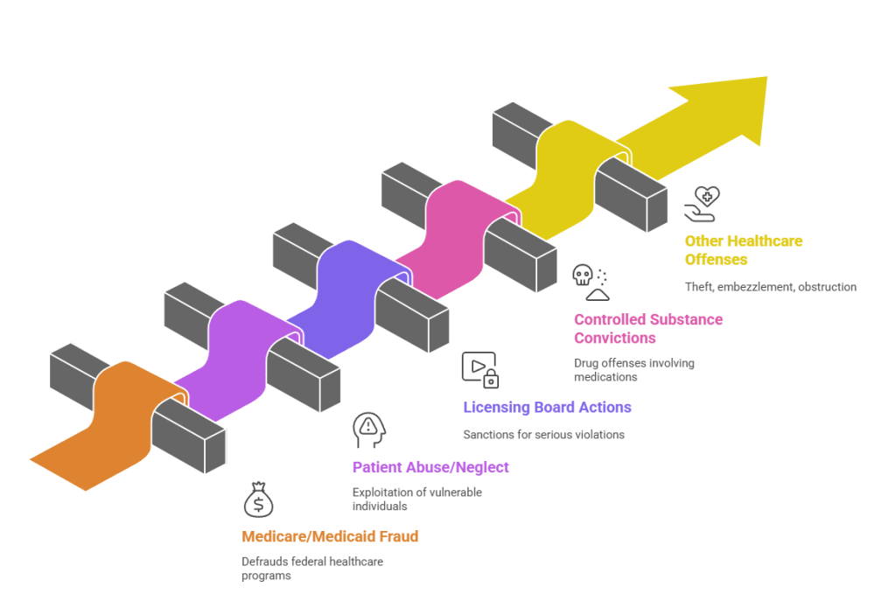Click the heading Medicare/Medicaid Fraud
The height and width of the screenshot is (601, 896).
330,536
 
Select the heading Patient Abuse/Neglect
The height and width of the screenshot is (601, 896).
430,467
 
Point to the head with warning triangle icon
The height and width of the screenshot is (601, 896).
367,429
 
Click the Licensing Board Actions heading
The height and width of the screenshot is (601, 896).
547,408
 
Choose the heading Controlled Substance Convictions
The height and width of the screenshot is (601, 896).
647,329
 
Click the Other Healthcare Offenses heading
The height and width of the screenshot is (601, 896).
743,250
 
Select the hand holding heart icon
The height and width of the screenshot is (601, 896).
702,203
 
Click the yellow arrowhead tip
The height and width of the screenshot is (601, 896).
744,105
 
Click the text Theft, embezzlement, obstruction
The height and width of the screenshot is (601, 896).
771,286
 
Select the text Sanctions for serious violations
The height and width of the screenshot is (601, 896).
543,435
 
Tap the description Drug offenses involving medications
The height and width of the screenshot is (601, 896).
633,370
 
